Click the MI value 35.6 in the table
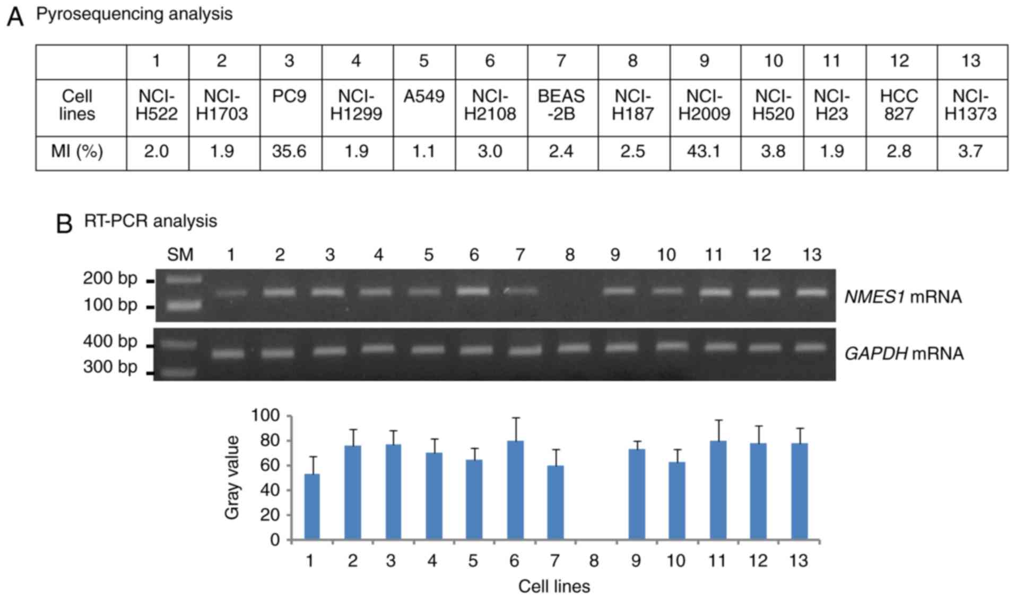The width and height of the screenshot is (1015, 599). [289, 152]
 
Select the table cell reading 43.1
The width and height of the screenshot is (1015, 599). [704, 152]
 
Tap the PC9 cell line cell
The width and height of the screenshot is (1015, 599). [289, 97]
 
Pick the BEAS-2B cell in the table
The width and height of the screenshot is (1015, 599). [561, 105]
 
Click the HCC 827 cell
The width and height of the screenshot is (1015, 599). [899, 105]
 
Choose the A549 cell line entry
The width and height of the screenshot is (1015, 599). [423, 97]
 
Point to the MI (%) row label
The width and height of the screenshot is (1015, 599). [77, 152]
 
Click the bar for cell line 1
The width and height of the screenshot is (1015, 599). [312, 507]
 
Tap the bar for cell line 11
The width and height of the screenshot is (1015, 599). [718, 490]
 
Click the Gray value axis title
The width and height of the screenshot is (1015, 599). [232, 478]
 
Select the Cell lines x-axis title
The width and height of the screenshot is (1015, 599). [554, 586]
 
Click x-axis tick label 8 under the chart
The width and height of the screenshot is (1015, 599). [594, 561]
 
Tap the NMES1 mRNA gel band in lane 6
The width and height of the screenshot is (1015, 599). [473, 291]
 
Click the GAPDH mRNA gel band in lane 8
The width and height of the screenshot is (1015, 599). [573, 348]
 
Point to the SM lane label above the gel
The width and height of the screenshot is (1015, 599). [180, 255]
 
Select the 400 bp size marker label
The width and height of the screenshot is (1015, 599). [110, 341]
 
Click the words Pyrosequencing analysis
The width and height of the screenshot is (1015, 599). [134, 14]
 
